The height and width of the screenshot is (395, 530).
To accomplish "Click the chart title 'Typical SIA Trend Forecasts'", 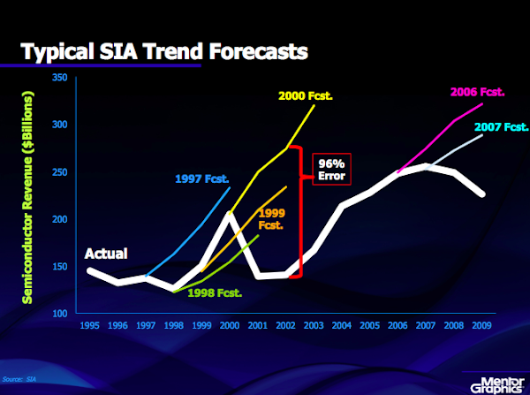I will tap(164, 52).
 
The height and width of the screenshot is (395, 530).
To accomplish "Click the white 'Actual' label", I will tap(106, 254).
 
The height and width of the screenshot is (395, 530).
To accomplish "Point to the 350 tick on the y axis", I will tap(60, 78).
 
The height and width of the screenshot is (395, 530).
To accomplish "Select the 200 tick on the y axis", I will tap(60, 219).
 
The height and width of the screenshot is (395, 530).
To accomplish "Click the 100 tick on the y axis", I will tap(60, 313).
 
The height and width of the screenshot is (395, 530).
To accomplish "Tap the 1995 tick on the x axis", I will tap(90, 325).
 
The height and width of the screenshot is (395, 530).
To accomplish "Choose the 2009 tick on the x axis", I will tap(481, 325).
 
